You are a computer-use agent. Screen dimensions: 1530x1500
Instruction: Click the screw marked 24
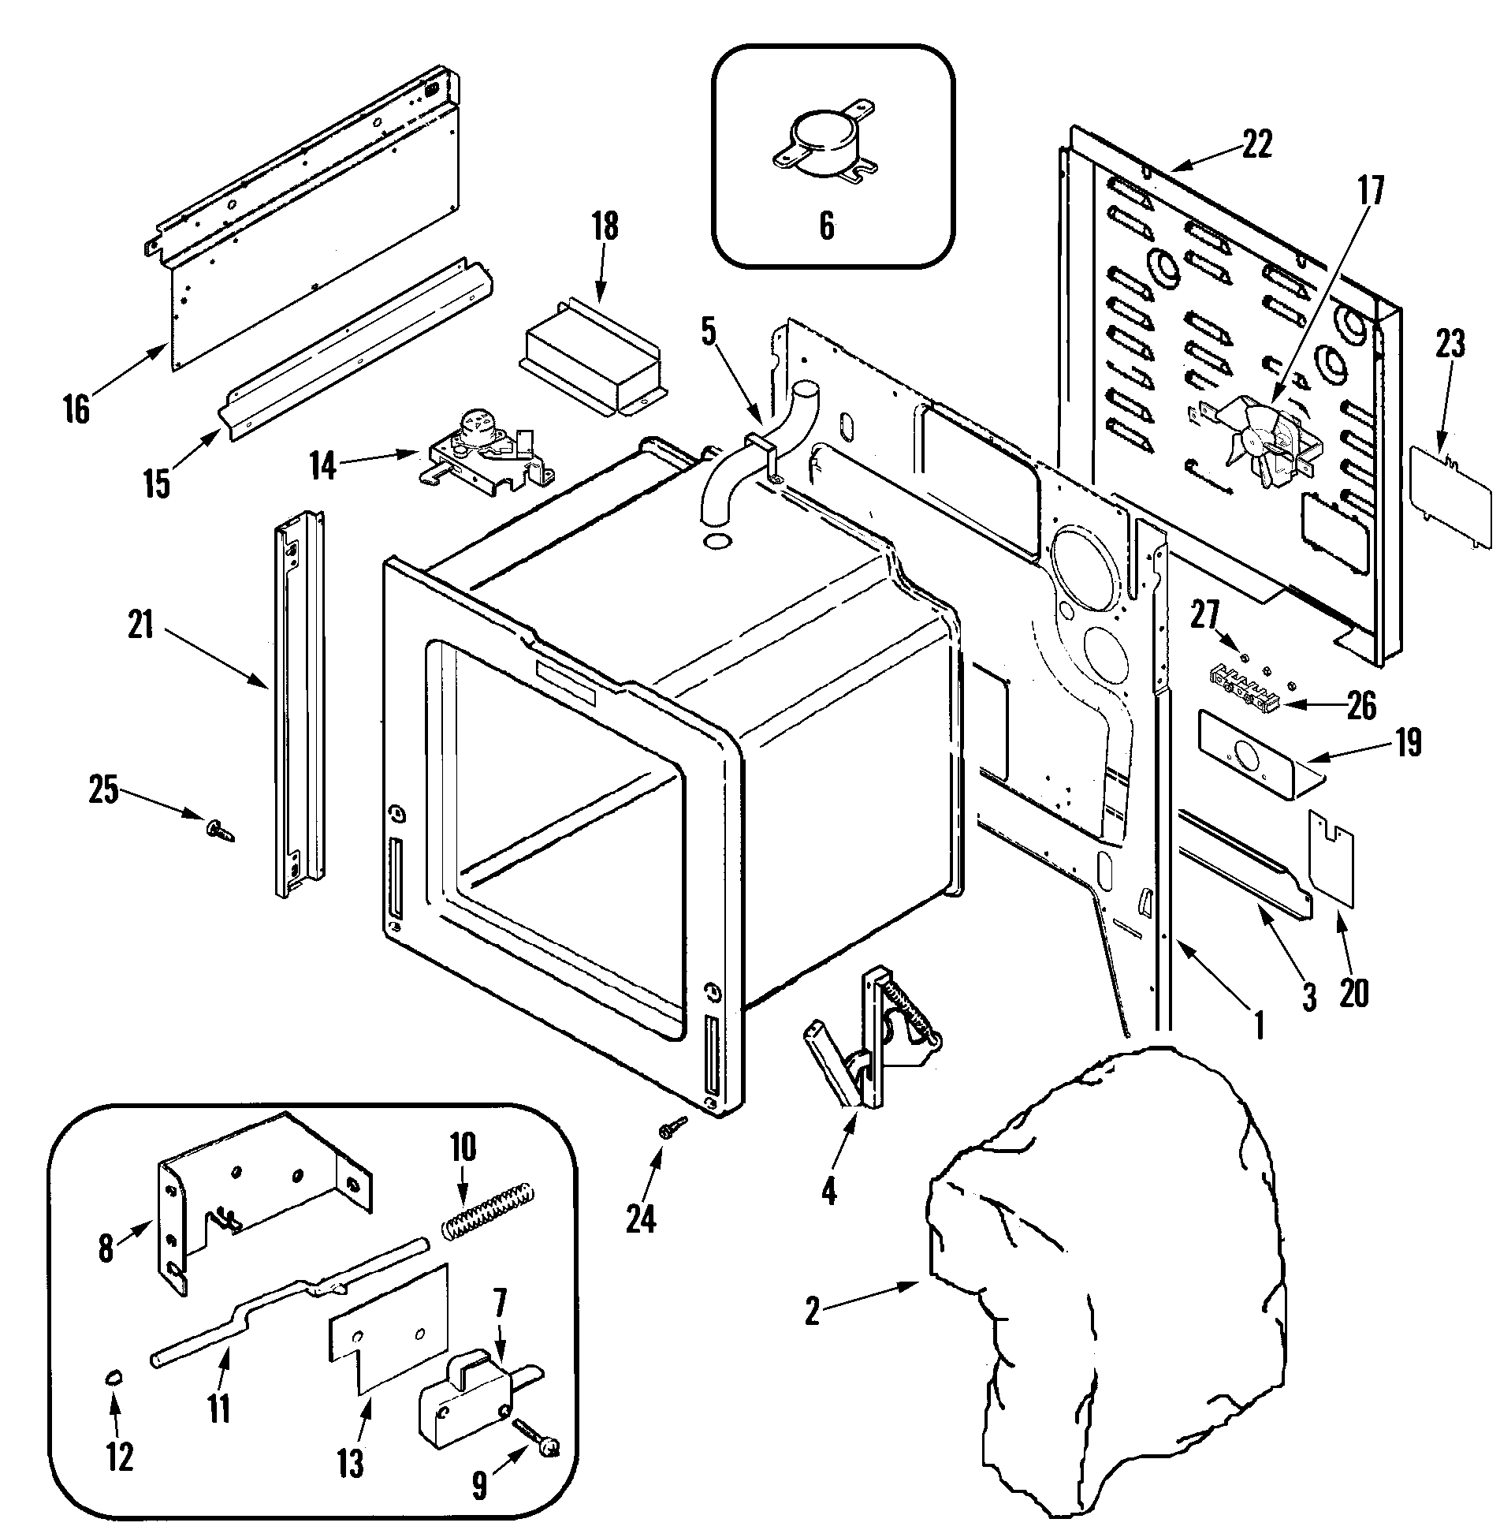click(674, 1127)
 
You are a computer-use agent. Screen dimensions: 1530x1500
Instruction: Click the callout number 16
click(76, 411)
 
